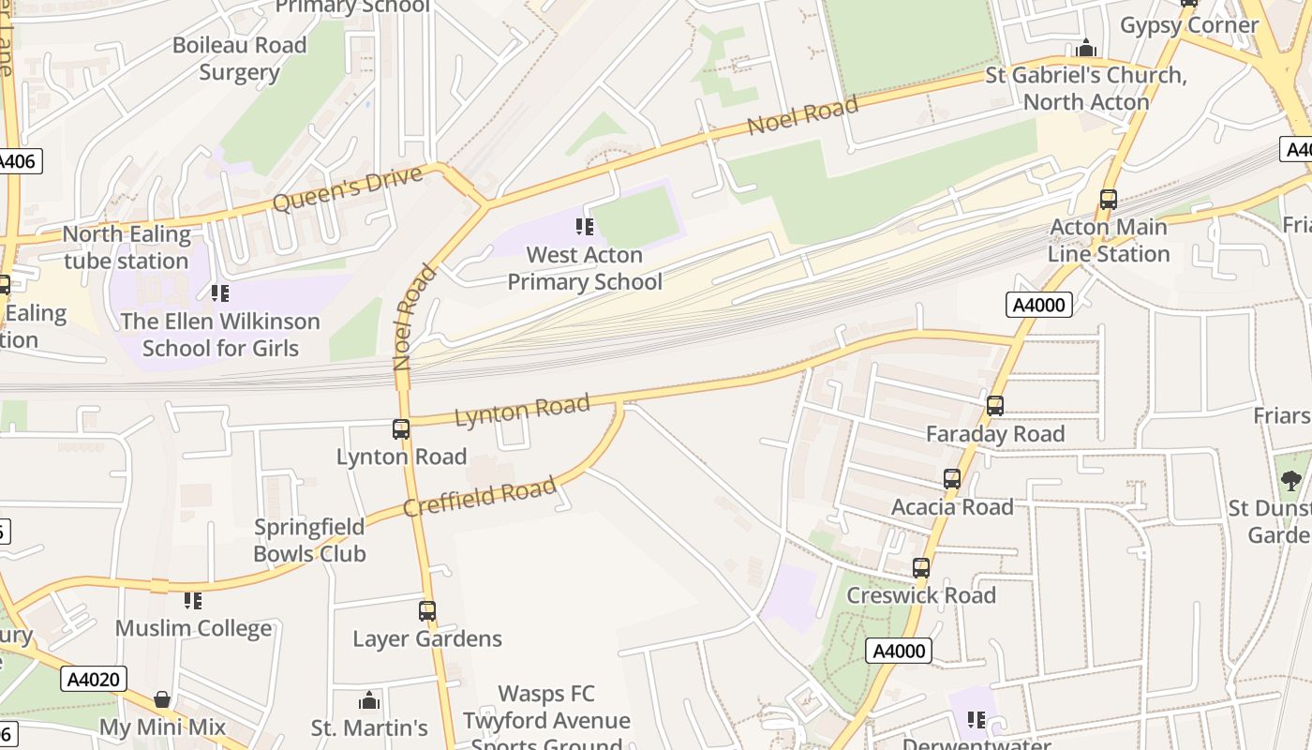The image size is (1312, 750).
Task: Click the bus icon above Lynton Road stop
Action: click(x=401, y=429)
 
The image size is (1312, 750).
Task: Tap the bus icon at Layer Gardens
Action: click(x=427, y=611)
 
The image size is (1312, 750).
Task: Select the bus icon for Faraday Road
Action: click(x=995, y=406)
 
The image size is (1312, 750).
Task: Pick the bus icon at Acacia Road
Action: click(x=952, y=479)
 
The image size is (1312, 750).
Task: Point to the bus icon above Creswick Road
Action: click(x=921, y=568)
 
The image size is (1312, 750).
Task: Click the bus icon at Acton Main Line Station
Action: click(x=1109, y=200)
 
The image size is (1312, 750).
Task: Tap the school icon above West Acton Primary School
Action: click(x=585, y=227)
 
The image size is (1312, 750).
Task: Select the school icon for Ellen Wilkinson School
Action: click(x=220, y=293)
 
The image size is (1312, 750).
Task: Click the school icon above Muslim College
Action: click(x=193, y=600)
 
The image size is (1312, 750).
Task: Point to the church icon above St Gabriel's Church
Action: click(x=1087, y=48)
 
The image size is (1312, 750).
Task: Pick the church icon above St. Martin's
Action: click(x=369, y=700)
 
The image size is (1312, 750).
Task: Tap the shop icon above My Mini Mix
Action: click(x=162, y=699)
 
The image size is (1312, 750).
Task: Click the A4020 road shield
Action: click(x=95, y=679)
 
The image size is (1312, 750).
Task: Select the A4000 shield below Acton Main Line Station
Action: click(x=1039, y=304)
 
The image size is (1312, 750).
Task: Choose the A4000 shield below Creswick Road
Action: click(x=899, y=651)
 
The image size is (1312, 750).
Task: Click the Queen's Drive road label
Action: click(x=335, y=188)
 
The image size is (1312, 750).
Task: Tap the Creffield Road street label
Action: click(x=479, y=496)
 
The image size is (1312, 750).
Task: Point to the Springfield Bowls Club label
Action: click(x=309, y=540)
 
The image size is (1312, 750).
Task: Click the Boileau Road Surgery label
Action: click(x=239, y=58)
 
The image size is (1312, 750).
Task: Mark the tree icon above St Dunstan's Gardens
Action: click(x=1290, y=481)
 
